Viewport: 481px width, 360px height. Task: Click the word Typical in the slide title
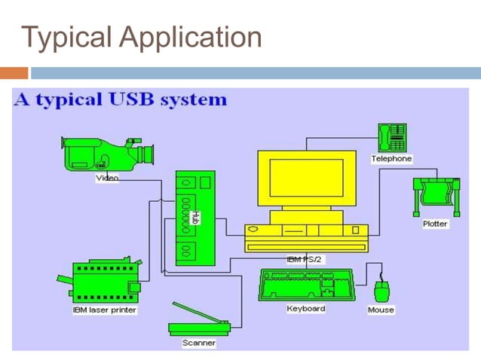pos(67,36)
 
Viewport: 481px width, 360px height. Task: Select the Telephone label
pos(391,159)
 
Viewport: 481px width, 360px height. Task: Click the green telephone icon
pos(392,138)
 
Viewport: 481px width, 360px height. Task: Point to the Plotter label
pos(435,224)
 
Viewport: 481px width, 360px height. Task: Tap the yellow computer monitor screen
pos(306,177)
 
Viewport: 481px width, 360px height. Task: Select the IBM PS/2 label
pos(305,258)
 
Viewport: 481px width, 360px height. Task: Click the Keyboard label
pos(306,309)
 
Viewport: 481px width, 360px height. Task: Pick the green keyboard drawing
pos(306,285)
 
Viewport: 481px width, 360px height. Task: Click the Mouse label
pos(381,310)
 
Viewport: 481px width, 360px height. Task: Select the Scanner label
pos(198,343)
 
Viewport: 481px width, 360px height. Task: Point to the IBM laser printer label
pos(105,310)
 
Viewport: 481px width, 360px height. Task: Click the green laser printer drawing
pos(104,279)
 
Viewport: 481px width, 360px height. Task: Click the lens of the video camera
pos(147,154)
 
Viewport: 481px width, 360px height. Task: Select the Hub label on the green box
pos(195,217)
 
